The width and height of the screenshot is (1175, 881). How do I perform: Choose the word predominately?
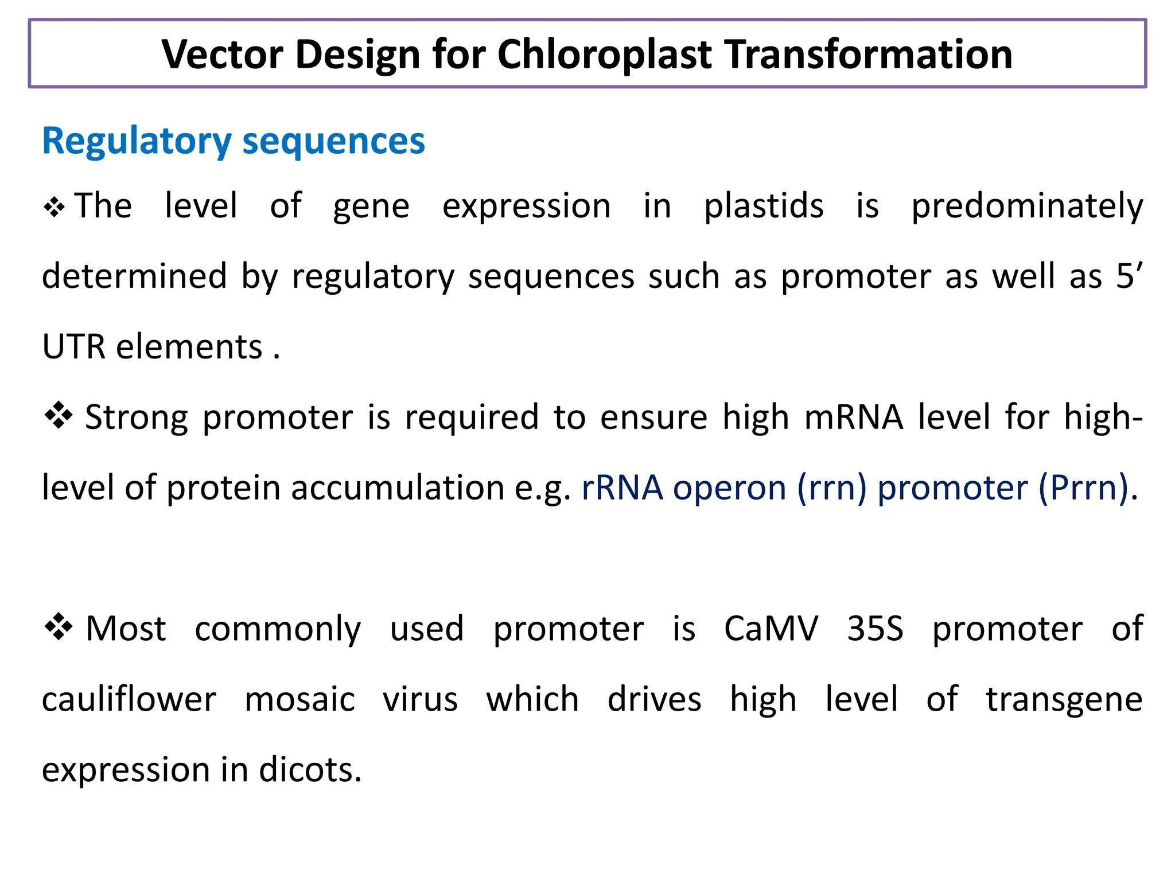tap(1027, 207)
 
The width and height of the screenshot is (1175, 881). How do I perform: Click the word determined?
tap(135, 276)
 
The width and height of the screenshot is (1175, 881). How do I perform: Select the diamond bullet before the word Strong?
tap(59, 415)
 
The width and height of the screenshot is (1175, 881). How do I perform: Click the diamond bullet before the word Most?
tap(59, 626)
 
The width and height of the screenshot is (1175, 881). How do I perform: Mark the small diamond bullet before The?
tap(54, 207)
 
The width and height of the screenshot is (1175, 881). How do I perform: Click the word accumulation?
tap(398, 488)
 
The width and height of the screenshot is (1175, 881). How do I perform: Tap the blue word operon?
tap(729, 488)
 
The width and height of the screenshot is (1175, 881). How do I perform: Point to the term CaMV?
tap(771, 629)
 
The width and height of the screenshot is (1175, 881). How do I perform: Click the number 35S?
tap(875, 629)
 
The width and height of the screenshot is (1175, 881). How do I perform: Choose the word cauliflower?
tap(129, 699)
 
